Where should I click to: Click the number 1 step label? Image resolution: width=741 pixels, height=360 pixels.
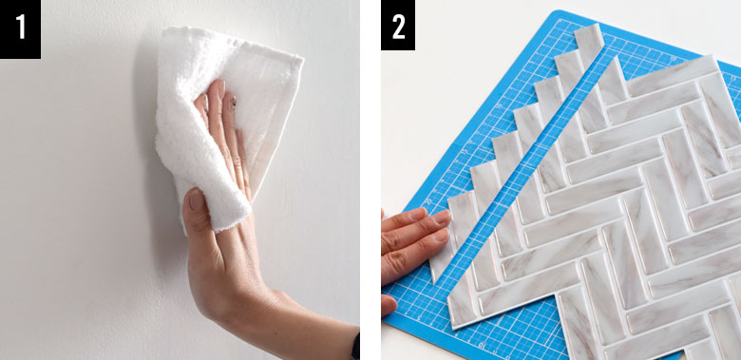click(20, 28)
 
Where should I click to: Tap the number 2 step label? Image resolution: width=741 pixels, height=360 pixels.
click(398, 26)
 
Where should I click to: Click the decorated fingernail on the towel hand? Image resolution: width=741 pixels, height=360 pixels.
click(232, 103)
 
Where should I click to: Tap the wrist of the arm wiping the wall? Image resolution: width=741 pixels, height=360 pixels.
click(265, 307)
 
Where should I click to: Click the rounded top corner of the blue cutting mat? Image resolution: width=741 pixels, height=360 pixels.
click(561, 12)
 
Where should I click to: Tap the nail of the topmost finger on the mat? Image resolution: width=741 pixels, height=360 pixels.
click(442, 218)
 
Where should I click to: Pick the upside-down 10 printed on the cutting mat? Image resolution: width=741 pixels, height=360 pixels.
click(483, 344)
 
